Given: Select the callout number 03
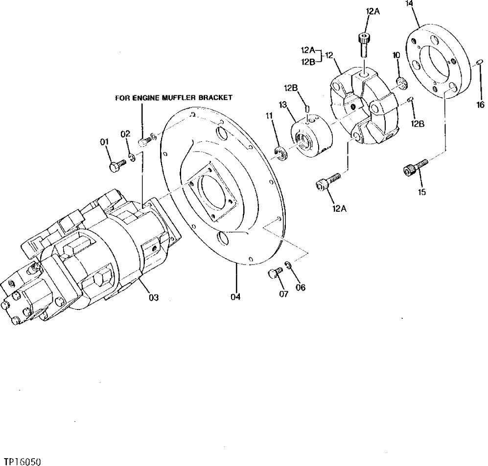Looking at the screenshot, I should tap(154, 297).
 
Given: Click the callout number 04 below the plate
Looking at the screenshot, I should tap(236, 296).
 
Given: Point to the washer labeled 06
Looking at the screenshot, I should tap(289, 265).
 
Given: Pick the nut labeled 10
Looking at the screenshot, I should tap(400, 84).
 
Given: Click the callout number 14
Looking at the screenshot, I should tap(409, 4).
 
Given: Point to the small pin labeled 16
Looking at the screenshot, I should tap(480, 62).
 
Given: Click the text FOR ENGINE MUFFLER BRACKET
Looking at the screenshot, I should tap(173, 97).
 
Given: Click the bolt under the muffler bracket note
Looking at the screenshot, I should tap(143, 141).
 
